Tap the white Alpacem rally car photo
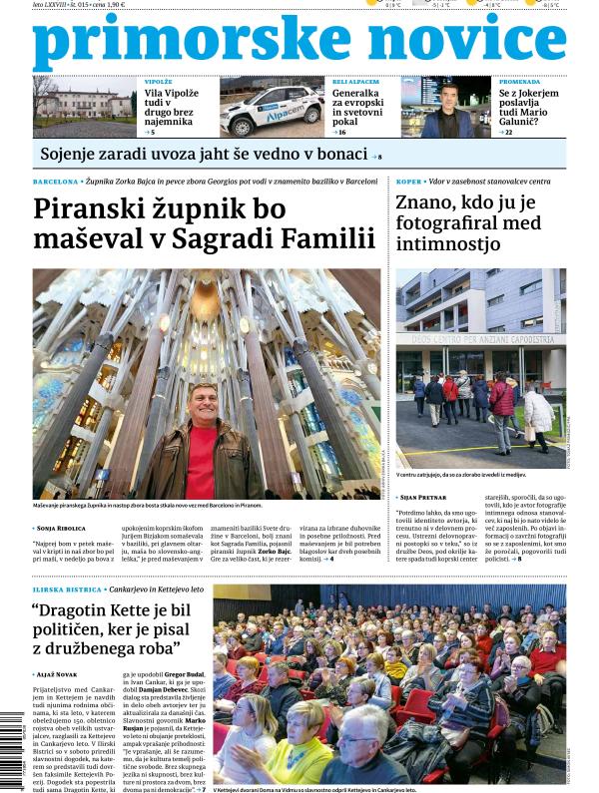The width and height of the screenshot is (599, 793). (x=272, y=107)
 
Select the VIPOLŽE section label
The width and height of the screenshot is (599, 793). (x=159, y=81)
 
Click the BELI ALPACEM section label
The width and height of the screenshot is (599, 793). (x=355, y=81)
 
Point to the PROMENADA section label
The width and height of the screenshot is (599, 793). (x=520, y=81)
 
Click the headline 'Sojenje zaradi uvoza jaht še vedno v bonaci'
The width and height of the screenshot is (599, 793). (x=204, y=154)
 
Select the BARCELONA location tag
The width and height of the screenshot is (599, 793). (x=55, y=183)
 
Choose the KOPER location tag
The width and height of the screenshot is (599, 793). (x=408, y=183)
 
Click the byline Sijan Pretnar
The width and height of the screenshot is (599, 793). (x=428, y=496)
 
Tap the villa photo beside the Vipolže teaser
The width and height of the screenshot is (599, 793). (x=84, y=107)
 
